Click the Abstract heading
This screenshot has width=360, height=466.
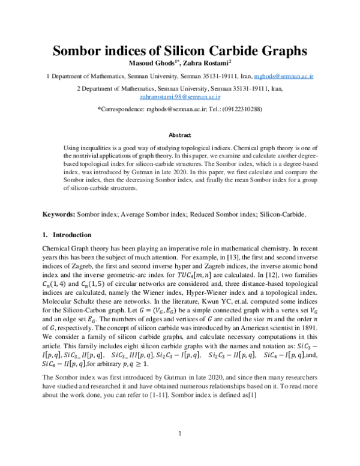coord(180,136)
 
